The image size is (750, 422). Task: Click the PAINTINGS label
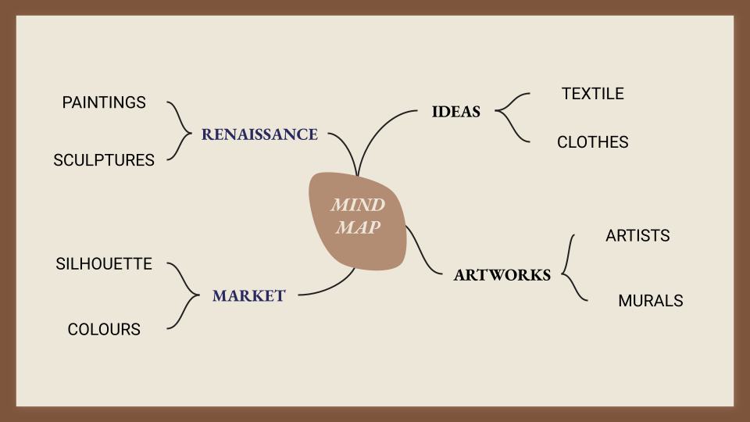(x=104, y=102)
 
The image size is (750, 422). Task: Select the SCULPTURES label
(x=104, y=160)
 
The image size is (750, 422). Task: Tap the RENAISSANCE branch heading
(x=259, y=134)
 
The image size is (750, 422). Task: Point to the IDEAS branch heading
(x=456, y=112)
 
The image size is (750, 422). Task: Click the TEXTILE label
(x=592, y=94)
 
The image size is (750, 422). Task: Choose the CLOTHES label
(x=592, y=142)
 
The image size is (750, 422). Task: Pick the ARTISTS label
(x=637, y=235)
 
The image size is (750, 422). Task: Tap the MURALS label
(x=650, y=301)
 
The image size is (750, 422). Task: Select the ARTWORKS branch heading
(x=502, y=275)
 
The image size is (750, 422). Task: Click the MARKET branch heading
(x=249, y=296)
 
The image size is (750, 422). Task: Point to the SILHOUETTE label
(x=104, y=263)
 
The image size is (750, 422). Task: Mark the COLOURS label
(x=104, y=330)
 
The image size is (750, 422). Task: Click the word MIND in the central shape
(x=358, y=206)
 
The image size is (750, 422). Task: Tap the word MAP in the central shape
(x=358, y=228)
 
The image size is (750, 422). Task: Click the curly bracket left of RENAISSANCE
(x=181, y=131)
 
